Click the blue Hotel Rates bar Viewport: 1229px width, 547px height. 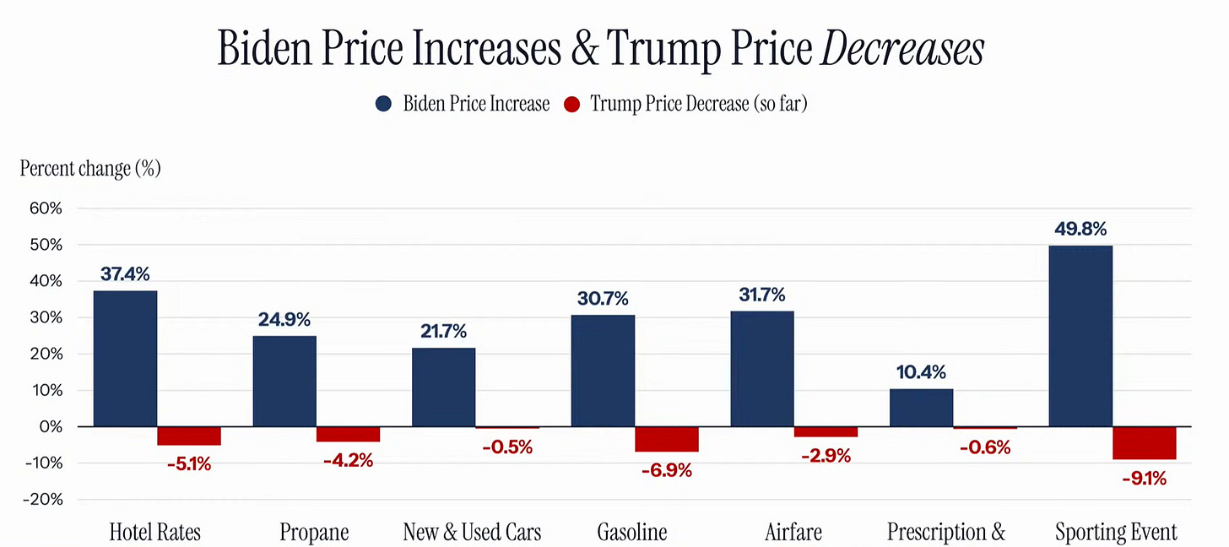(125, 359)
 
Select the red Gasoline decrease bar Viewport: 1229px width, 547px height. (666, 439)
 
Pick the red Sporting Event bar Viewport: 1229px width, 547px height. (1144, 442)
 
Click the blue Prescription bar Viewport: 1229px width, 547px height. (921, 408)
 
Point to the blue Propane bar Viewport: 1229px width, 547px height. (284, 382)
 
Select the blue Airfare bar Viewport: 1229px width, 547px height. (761, 369)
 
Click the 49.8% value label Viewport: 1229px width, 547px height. (1080, 230)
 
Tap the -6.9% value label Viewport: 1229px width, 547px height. (666, 470)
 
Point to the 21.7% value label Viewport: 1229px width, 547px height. (443, 332)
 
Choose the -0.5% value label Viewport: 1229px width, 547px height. (507, 447)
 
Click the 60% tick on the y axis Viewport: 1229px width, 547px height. (46, 209)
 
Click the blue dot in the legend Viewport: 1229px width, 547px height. (383, 105)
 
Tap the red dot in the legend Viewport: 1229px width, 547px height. (571, 105)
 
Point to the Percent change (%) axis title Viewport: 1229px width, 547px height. (90, 168)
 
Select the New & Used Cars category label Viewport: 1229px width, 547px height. (472, 533)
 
